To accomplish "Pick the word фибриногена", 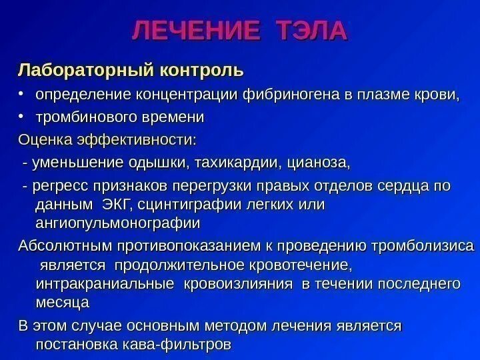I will tap(291, 93).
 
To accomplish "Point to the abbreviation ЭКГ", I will tap(116, 204).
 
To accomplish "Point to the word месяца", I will tap(62, 303).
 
